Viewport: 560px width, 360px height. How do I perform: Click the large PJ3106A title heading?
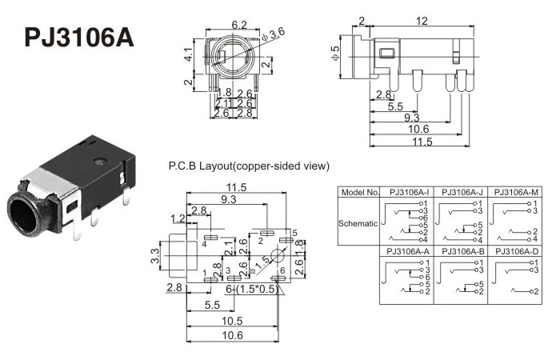tap(78, 38)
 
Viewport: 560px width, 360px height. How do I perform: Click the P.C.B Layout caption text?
tap(249, 166)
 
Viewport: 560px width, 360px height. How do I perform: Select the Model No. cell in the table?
tap(359, 193)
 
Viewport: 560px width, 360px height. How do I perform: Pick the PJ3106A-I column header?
tap(409, 193)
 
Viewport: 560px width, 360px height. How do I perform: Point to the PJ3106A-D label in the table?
tap(516, 251)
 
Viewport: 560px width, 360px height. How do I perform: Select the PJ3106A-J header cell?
tap(462, 193)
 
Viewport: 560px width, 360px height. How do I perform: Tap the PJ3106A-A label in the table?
tap(409, 251)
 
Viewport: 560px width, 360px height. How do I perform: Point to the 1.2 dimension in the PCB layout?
tap(178, 218)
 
